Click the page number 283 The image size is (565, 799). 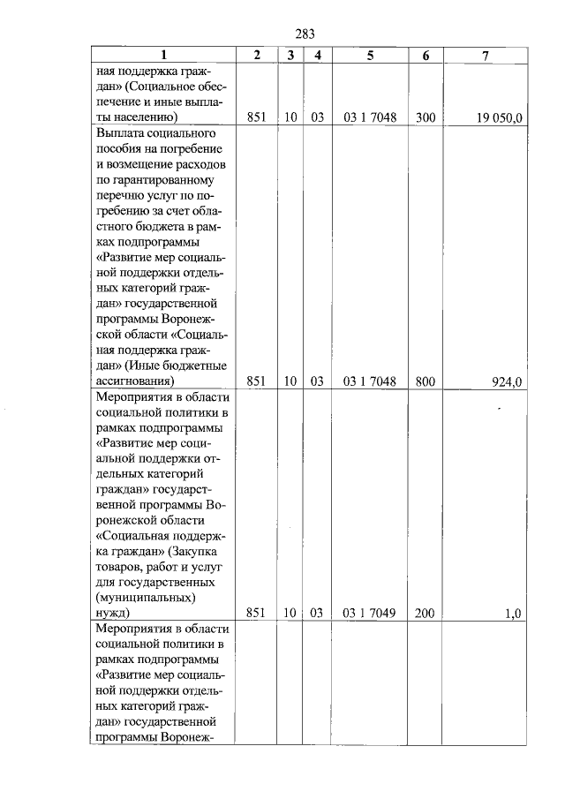(305, 34)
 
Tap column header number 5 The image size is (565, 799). (369, 56)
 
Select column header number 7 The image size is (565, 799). (485, 56)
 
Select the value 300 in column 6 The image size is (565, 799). (425, 117)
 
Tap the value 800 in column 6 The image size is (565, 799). (425, 381)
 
